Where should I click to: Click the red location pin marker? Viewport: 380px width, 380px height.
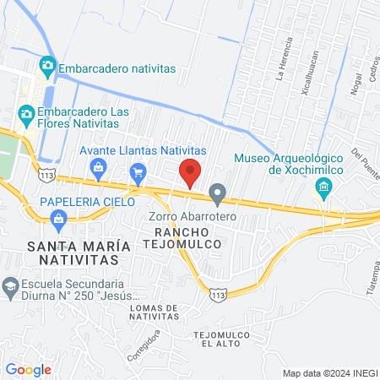(191, 172)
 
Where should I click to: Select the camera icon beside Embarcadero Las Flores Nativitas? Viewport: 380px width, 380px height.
(26, 112)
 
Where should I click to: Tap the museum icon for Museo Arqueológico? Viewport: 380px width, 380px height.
(323, 187)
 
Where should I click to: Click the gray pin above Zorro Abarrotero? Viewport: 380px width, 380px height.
(219, 195)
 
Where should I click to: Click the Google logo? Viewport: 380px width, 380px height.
(28, 369)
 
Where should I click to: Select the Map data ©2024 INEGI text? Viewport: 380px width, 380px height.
(328, 373)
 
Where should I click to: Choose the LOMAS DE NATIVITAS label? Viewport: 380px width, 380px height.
(155, 312)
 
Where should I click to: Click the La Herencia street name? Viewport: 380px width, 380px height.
(285, 58)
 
